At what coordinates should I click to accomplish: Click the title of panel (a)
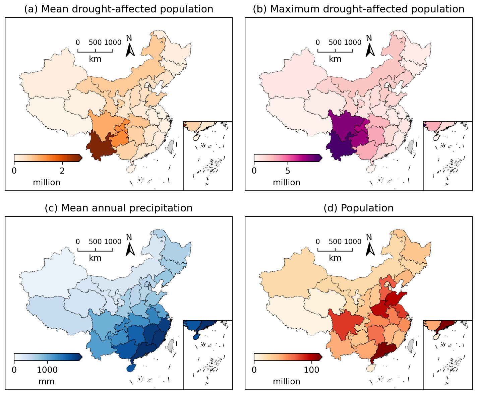pyautogui.click(x=119, y=9)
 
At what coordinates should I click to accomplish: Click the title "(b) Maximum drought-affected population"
pyautogui.click(x=359, y=9)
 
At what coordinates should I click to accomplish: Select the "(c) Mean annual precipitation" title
pyautogui.click(x=119, y=208)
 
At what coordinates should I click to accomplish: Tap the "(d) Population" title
pyautogui.click(x=359, y=208)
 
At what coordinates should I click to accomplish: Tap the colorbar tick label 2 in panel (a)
pyautogui.click(x=62, y=171)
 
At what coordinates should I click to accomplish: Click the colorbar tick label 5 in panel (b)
pyautogui.click(x=288, y=171)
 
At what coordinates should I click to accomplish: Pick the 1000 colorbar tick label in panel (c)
pyautogui.click(x=47, y=370)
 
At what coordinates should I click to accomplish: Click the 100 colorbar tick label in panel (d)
pyautogui.click(x=312, y=370)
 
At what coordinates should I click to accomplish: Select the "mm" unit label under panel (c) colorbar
pyautogui.click(x=47, y=382)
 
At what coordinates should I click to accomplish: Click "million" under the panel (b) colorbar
pyautogui.click(x=287, y=183)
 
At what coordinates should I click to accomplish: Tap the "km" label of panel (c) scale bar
pyautogui.click(x=95, y=258)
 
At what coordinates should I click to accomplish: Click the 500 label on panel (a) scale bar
pyautogui.click(x=95, y=43)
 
